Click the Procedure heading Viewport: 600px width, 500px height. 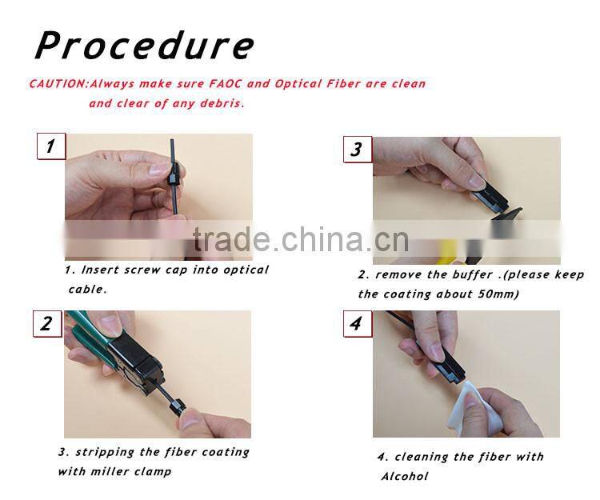coord(144,46)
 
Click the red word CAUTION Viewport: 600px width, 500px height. coord(58,84)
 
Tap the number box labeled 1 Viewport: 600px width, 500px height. coord(50,146)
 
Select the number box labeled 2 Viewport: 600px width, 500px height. coord(46,323)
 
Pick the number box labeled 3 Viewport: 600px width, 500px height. coord(357,149)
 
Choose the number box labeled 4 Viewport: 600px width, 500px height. coord(356,323)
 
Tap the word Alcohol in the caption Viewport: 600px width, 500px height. coord(405,476)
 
